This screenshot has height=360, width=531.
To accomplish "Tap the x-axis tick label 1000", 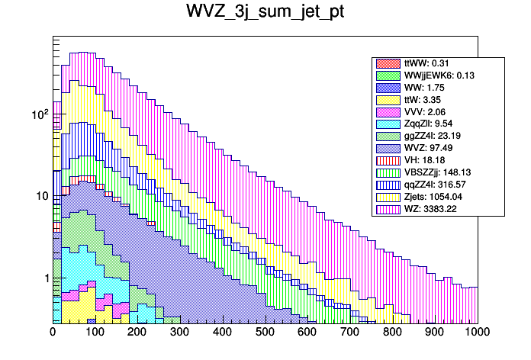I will (478, 332).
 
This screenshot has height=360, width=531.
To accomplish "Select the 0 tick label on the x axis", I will (53, 332).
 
